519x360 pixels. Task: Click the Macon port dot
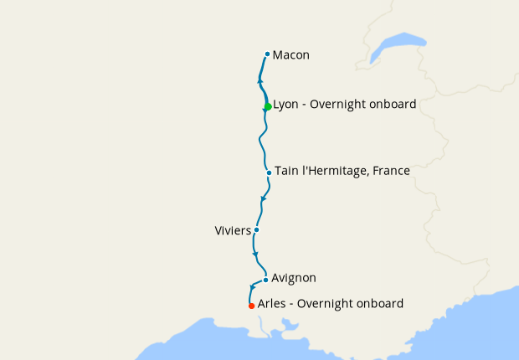click(267, 54)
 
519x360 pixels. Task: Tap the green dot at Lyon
click(267, 106)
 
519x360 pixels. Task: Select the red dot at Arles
click(251, 306)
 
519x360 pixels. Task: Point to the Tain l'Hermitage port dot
click(269, 173)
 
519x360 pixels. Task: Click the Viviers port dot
click(256, 229)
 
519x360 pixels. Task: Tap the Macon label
click(291, 55)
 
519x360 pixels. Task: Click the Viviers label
click(233, 229)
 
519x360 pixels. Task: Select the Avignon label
click(294, 278)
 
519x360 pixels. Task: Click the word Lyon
click(287, 105)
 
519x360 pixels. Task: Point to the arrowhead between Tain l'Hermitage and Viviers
click(264, 199)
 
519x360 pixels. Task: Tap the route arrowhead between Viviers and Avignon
click(255, 254)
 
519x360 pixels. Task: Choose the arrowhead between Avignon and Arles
click(253, 288)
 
